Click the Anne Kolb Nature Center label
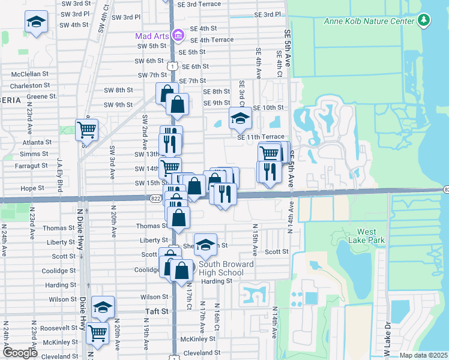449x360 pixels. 369,21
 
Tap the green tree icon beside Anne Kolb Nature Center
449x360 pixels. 424,21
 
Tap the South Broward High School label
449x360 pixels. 226,268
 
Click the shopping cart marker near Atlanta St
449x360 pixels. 86,129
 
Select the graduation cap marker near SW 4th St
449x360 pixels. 36,23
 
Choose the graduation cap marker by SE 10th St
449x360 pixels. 240,118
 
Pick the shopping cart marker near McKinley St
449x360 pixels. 97,332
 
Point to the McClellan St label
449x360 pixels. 29,75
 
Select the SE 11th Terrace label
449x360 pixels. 261,137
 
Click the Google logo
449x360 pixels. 20,353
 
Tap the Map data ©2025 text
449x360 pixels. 423,355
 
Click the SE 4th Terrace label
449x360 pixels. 211,40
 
